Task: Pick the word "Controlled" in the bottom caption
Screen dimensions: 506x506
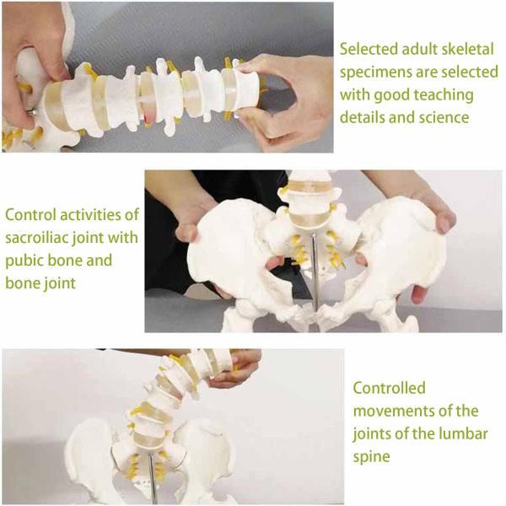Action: [389, 389]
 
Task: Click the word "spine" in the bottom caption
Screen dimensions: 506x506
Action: [371, 457]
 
